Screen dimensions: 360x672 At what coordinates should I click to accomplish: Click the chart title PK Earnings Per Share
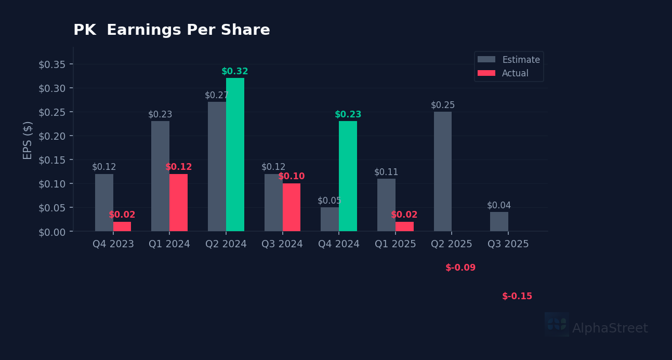click(x=172, y=31)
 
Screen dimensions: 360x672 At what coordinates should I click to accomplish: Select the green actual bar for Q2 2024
click(x=235, y=154)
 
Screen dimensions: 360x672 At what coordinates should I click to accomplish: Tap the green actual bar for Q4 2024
click(x=348, y=176)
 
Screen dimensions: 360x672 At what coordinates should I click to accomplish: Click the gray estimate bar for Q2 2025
click(x=443, y=171)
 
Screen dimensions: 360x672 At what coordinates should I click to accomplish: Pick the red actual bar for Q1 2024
click(x=178, y=203)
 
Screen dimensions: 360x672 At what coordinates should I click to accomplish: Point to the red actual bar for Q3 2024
click(x=292, y=207)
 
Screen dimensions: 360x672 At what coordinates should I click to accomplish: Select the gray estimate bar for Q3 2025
click(x=499, y=221)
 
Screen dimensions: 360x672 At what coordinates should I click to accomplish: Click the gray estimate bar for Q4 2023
click(x=104, y=203)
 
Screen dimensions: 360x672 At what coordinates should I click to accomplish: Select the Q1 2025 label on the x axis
click(x=395, y=244)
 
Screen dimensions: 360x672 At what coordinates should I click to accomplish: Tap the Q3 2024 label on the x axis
click(x=282, y=244)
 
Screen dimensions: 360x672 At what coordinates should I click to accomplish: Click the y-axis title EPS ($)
click(x=28, y=140)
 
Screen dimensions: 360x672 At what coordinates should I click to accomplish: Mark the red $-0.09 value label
click(x=460, y=268)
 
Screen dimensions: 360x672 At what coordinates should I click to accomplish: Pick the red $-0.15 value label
click(x=517, y=297)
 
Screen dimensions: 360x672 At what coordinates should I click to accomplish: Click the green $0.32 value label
click(x=235, y=72)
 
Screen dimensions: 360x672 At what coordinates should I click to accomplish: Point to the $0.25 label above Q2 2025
click(x=443, y=105)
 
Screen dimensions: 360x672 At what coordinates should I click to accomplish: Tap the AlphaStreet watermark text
click(x=610, y=329)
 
